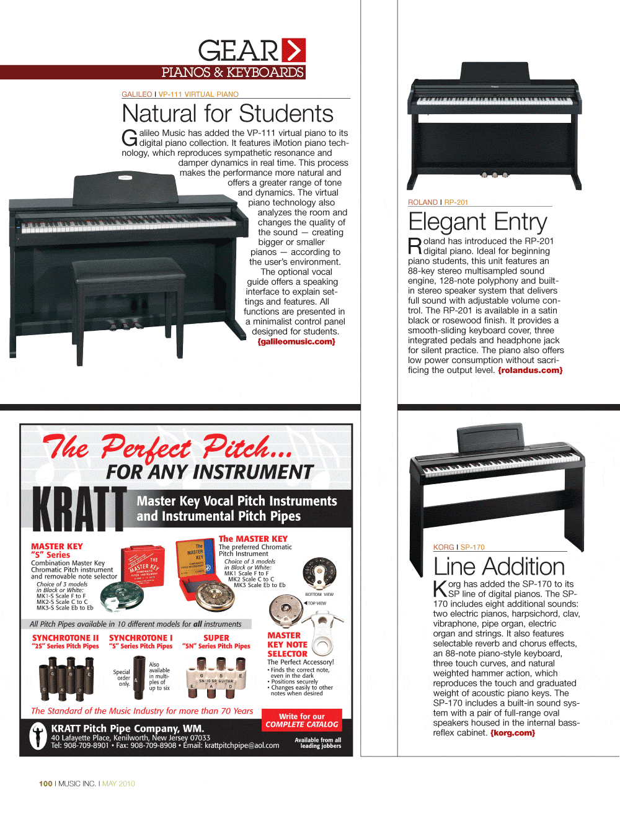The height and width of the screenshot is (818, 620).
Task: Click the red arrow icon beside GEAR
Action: [x=293, y=50]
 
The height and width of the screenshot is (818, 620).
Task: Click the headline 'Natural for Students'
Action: [x=228, y=114]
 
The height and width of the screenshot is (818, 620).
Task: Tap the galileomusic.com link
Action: [x=296, y=341]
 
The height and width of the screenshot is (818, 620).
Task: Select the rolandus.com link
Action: [x=530, y=371]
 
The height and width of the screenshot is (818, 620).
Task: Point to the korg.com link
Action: [x=513, y=733]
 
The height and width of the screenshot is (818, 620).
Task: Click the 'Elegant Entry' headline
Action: [x=477, y=222]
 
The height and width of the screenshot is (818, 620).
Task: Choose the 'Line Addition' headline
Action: [x=498, y=567]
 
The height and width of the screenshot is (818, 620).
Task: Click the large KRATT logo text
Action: [x=79, y=509]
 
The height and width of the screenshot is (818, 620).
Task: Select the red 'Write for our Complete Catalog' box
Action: [x=302, y=721]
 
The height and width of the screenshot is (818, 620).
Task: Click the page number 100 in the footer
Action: [x=45, y=784]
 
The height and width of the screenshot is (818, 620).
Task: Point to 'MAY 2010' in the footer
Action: [x=118, y=784]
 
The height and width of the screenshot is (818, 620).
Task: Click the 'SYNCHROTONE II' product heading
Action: [x=65, y=638]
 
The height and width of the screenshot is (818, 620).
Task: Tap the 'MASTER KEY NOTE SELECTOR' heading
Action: [x=287, y=644]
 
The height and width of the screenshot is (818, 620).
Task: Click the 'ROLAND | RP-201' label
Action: [x=438, y=202]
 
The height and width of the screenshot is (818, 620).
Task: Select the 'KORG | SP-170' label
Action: [x=459, y=547]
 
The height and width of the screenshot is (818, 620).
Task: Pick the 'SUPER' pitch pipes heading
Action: [x=216, y=638]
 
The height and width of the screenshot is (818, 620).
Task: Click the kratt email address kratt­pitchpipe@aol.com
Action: [x=242, y=745]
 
